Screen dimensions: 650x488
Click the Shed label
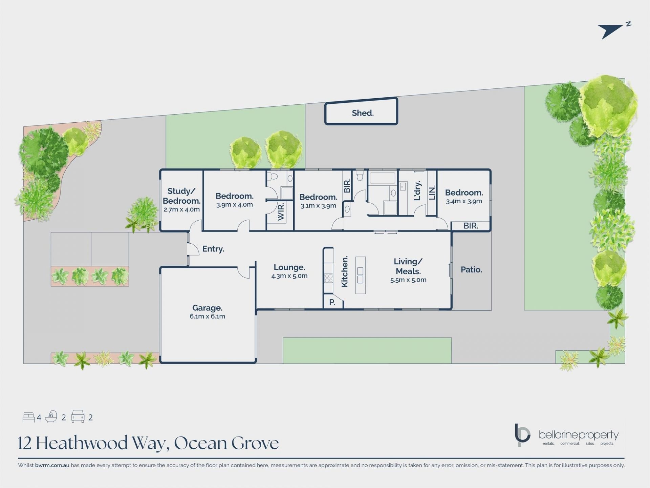point(363,113)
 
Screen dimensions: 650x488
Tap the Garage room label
point(207,308)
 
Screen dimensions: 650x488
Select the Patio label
point(471,269)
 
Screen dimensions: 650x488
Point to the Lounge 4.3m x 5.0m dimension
point(289,276)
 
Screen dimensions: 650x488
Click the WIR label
point(281,212)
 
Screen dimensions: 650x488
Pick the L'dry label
point(417,190)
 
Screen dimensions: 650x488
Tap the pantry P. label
point(332,302)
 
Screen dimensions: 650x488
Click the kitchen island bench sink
point(360,275)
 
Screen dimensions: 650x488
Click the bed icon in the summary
point(29,417)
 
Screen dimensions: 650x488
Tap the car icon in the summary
point(78,416)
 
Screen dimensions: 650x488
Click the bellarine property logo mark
point(522,435)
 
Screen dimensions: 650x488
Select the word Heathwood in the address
point(82,443)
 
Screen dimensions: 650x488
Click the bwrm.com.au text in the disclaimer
point(52,465)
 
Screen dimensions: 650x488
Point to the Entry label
point(213,249)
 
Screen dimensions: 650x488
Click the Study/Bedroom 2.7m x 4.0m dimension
point(181,209)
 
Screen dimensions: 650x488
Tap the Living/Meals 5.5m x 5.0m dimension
point(408,280)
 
